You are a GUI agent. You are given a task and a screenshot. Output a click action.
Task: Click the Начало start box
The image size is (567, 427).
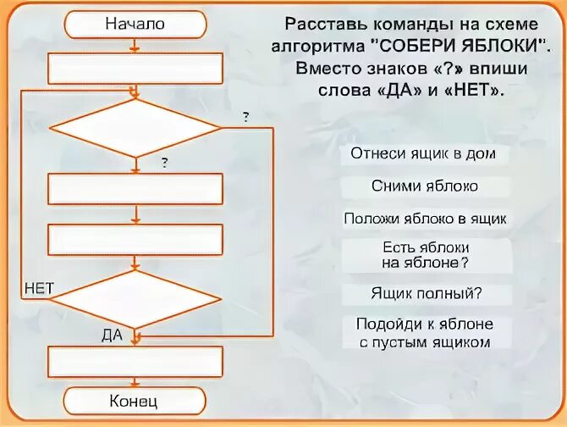135,25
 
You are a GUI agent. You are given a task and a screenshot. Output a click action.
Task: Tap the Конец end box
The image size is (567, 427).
135,400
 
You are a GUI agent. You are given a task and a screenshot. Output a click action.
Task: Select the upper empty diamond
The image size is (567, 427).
135,128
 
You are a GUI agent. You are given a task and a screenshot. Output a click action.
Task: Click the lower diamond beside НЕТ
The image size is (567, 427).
135,298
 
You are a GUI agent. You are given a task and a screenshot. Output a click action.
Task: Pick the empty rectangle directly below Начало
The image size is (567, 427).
135,69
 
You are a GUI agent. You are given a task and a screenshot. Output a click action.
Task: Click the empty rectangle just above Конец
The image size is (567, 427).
135,362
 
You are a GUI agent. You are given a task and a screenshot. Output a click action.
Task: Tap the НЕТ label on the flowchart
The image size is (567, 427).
38,289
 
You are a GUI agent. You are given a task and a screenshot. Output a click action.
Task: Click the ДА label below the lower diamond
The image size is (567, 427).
112,335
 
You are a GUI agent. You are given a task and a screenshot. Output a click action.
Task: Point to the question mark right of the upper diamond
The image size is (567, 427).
245,117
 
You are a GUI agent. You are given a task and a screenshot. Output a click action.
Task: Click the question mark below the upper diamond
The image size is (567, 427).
163,163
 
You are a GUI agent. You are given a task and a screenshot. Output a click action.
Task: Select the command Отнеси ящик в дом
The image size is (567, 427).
425,155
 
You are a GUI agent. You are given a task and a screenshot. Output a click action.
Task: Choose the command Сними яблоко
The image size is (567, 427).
425,186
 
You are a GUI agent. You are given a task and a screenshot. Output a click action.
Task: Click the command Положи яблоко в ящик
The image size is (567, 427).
425,219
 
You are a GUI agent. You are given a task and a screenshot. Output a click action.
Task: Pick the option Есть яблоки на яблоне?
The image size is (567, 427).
425,254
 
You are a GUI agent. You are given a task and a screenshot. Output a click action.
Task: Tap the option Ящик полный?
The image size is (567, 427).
425,293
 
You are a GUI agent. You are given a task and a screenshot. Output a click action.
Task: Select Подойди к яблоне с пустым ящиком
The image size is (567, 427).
425,333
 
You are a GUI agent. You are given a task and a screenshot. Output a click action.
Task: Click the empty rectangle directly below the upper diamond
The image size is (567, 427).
135,189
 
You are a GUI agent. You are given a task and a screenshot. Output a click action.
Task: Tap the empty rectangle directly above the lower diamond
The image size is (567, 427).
135,240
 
